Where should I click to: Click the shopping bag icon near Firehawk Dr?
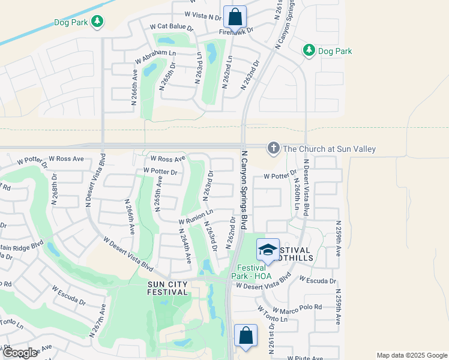pyautogui.click(x=235, y=16)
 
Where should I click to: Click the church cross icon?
pyautogui.click(x=274, y=148)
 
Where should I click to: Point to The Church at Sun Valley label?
pyautogui.click(x=329, y=149)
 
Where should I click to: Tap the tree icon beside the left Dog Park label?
pyautogui.click(x=97, y=22)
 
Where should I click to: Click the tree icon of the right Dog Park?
pyautogui.click(x=309, y=50)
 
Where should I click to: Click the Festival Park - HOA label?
pyautogui.click(x=255, y=272)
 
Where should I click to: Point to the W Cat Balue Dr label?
pyautogui.click(x=172, y=27)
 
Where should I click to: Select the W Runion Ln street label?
pyautogui.click(x=196, y=217)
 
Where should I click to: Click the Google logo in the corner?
pyautogui.click(x=20, y=353)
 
